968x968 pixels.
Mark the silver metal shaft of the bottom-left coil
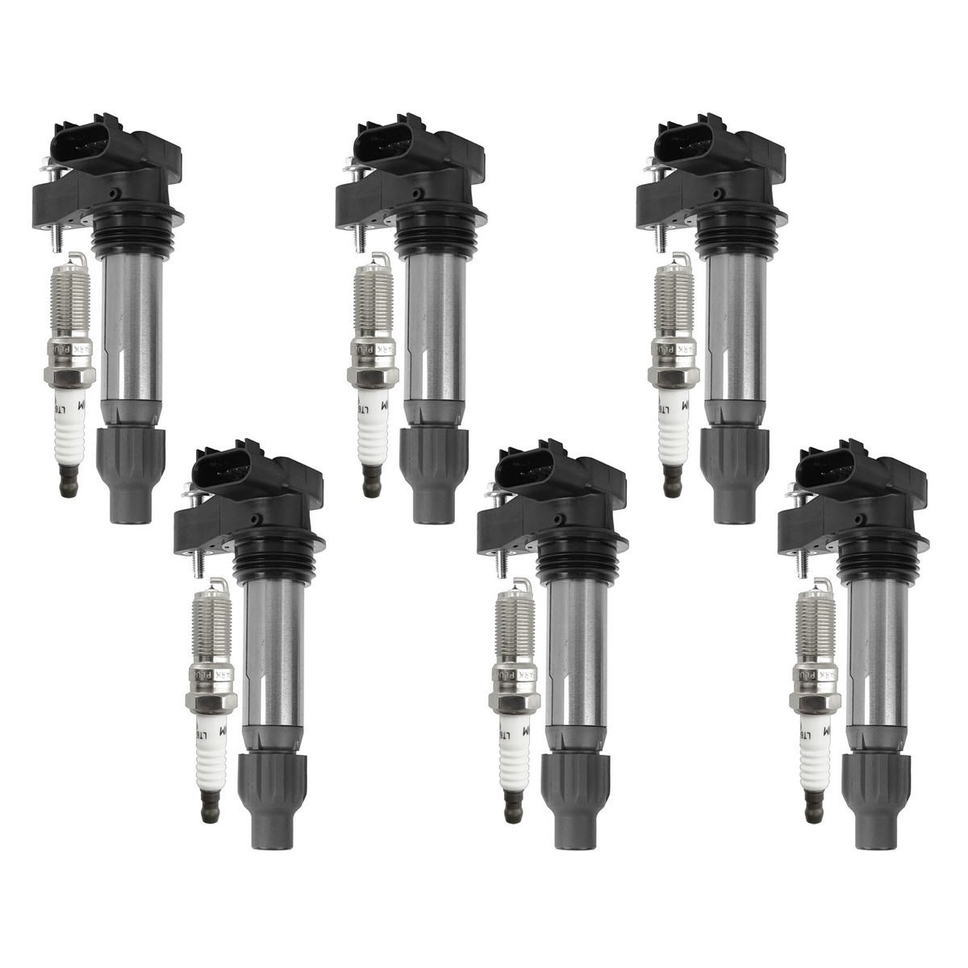(x=271, y=645)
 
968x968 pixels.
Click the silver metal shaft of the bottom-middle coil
(x=573, y=645)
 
